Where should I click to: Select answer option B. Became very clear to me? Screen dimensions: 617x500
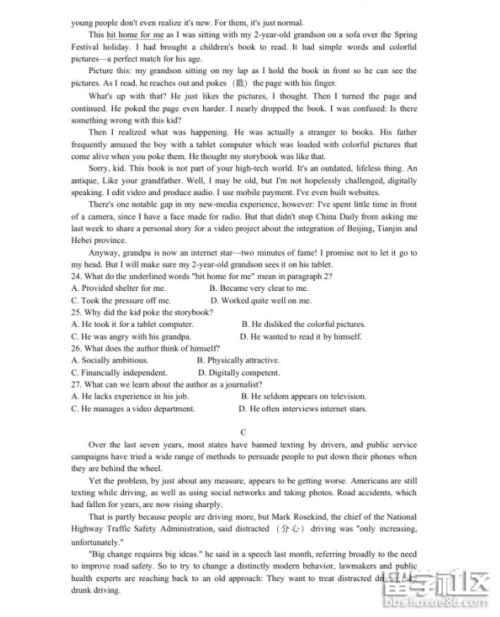[259, 288]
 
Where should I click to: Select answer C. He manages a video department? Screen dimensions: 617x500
[133, 409]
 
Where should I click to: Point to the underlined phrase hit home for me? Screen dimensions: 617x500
[135, 34]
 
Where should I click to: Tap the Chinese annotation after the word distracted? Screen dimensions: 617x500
[292, 528]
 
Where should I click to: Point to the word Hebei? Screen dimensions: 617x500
[83, 240]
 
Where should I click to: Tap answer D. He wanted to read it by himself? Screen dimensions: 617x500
[300, 336]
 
